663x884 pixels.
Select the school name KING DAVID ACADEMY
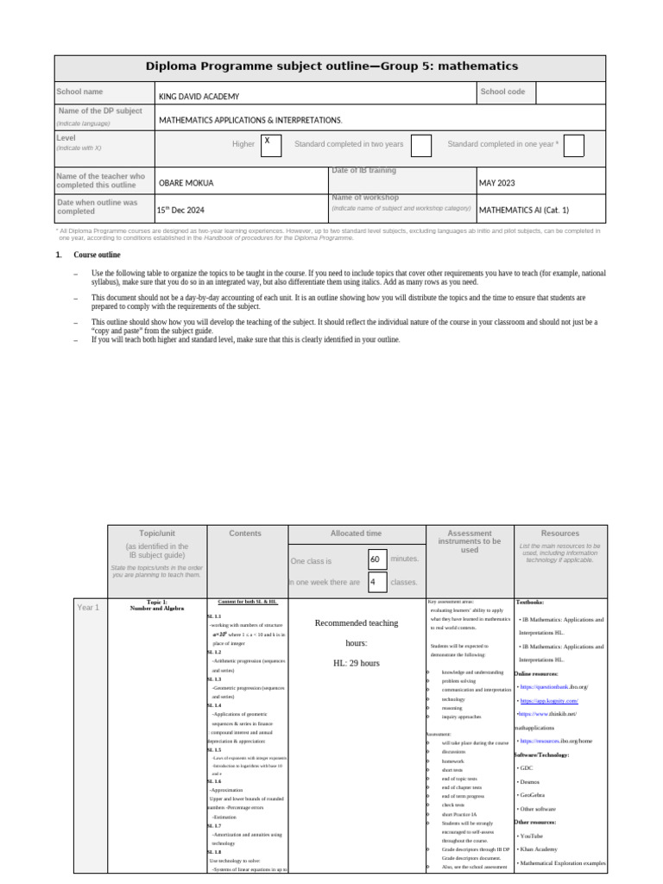199,97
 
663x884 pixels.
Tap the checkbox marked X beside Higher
270,145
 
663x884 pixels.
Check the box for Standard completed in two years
421,146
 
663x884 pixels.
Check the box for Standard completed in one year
573,146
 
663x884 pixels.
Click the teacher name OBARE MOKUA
186,183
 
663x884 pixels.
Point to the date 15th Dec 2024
180,210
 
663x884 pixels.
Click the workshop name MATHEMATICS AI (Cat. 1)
524,210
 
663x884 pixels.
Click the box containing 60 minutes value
376,559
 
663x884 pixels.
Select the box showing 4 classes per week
376,583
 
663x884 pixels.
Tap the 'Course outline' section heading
97,256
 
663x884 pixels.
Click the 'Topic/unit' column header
156,534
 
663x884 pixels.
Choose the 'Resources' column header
559,534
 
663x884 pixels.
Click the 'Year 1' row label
88,608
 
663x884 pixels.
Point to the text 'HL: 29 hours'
357,663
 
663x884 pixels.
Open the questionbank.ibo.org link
553,687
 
